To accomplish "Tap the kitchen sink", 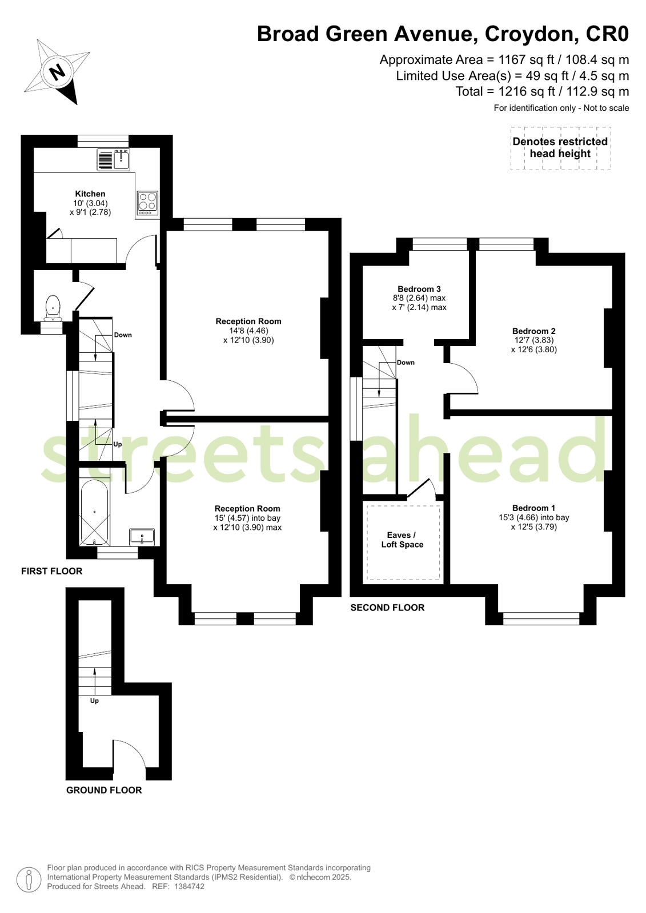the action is [x=113, y=159].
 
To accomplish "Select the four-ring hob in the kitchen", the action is [x=147, y=203].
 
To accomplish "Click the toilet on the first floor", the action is [x=53, y=308].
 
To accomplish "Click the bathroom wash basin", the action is [x=142, y=537].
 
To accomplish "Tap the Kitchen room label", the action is [x=90, y=194].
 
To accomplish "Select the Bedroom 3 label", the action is [x=419, y=289].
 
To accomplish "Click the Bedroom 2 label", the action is [x=534, y=331].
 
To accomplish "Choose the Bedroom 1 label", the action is [x=534, y=508].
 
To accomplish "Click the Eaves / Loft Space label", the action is [x=402, y=540].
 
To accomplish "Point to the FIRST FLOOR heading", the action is [x=52, y=571].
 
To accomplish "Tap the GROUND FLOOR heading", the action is [x=104, y=790].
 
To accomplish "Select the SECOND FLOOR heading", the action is [x=387, y=608].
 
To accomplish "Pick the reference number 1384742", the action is [x=189, y=886].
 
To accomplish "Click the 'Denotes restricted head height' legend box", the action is [x=561, y=148].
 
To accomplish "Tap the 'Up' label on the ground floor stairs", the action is [x=94, y=701].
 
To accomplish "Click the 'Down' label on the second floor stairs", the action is [x=406, y=363].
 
